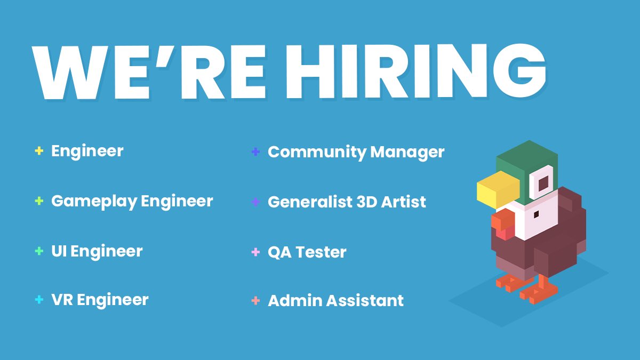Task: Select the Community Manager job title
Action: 356,152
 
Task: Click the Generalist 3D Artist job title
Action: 347,202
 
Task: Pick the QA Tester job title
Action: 307,252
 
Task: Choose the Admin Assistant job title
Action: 335,301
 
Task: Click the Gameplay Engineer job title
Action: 132,201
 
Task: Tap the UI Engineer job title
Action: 97,251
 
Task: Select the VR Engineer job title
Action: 100,300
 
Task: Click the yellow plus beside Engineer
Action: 38,151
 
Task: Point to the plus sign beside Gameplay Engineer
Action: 38,201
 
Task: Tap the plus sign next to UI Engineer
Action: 38,251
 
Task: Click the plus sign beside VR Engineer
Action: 38,300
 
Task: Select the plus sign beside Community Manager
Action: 255,152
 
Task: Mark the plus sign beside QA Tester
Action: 255,252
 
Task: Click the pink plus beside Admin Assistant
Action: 255,301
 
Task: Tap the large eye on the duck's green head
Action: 543,184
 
